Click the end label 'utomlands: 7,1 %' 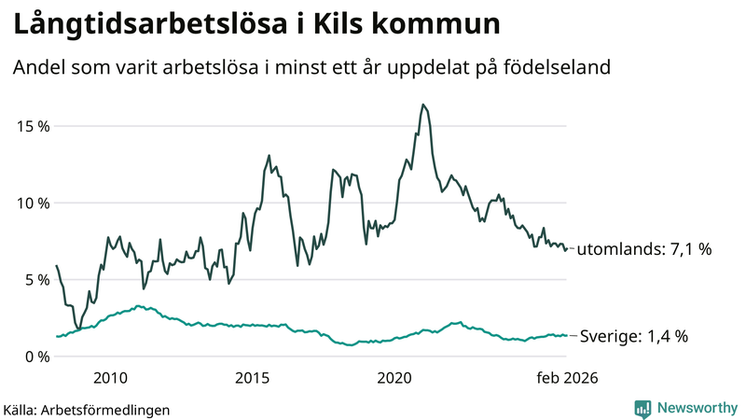click(644, 249)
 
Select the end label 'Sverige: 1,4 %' click(634, 336)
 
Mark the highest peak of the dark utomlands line click(422, 105)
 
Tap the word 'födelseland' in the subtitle click(564, 68)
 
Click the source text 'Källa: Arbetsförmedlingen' click(87, 409)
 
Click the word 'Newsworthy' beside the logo click(696, 408)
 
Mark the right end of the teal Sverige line click(566, 336)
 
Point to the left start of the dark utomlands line click(57, 266)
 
